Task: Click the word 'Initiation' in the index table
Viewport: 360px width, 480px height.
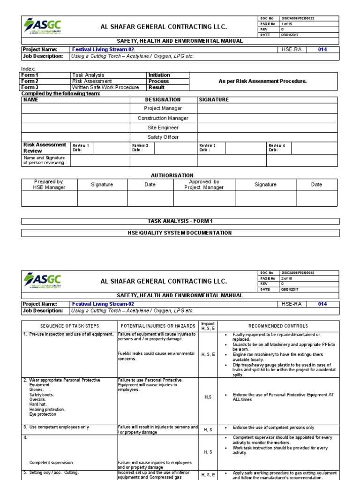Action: (159, 75)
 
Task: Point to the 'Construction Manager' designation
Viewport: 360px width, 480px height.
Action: (163, 118)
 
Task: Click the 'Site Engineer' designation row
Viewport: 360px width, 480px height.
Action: (163, 127)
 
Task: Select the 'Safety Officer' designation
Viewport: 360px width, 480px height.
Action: (163, 137)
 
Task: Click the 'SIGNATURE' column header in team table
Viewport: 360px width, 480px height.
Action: (214, 100)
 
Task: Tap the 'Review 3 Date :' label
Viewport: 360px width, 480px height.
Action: (208, 148)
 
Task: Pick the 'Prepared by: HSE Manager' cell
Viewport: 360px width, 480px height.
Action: (49, 185)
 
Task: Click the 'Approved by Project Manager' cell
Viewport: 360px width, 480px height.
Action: (204, 185)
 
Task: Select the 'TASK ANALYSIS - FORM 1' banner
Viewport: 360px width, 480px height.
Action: (180, 221)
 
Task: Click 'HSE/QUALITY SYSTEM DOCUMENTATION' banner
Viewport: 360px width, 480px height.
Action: (180, 232)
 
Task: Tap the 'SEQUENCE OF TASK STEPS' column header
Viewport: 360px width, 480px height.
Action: (69, 326)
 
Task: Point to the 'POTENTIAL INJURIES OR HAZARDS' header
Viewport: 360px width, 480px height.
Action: (158, 326)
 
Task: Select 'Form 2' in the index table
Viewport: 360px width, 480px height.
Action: (30, 81)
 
